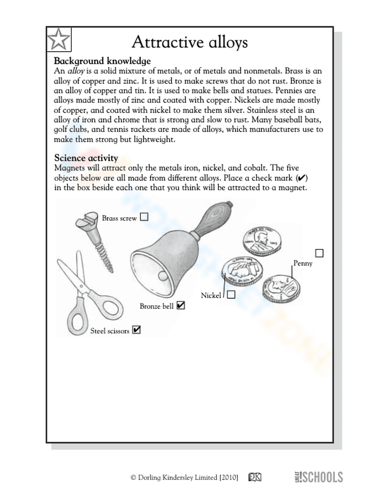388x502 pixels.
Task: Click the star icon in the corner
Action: [59, 39]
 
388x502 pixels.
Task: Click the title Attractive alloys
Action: [189, 42]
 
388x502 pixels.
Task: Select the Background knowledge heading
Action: [102, 61]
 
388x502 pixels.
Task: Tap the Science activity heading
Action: [86, 158]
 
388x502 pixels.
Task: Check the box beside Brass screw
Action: [144, 217]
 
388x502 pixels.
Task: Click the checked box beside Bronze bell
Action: [180, 306]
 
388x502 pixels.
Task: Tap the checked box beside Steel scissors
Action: [136, 330]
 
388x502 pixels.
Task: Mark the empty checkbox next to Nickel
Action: [231, 295]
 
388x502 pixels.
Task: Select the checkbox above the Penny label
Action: [319, 253]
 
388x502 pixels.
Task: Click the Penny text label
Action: [303, 263]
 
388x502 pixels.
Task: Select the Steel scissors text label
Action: [109, 331]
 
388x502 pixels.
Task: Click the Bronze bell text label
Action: [156, 306]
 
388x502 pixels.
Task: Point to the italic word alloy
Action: [76, 71]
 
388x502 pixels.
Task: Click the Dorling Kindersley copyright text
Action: [184, 478]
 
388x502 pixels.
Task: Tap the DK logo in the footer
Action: [255, 478]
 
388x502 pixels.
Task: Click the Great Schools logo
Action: [319, 477]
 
